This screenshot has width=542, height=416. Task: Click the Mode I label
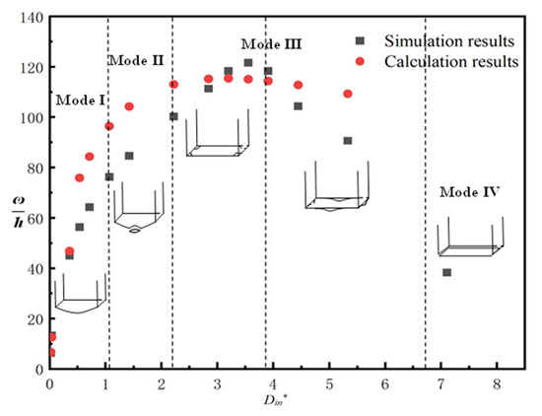tap(81, 100)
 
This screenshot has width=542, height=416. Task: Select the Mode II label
tap(135, 61)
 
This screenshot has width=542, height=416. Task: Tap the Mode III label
tap(271, 44)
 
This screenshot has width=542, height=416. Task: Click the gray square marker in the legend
tap(361, 40)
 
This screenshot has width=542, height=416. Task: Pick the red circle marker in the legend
tap(361, 61)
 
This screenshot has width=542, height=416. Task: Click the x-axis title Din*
tap(270, 402)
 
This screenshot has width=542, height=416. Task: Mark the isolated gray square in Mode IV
tap(447, 272)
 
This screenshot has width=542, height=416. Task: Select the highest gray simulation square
tap(248, 63)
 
